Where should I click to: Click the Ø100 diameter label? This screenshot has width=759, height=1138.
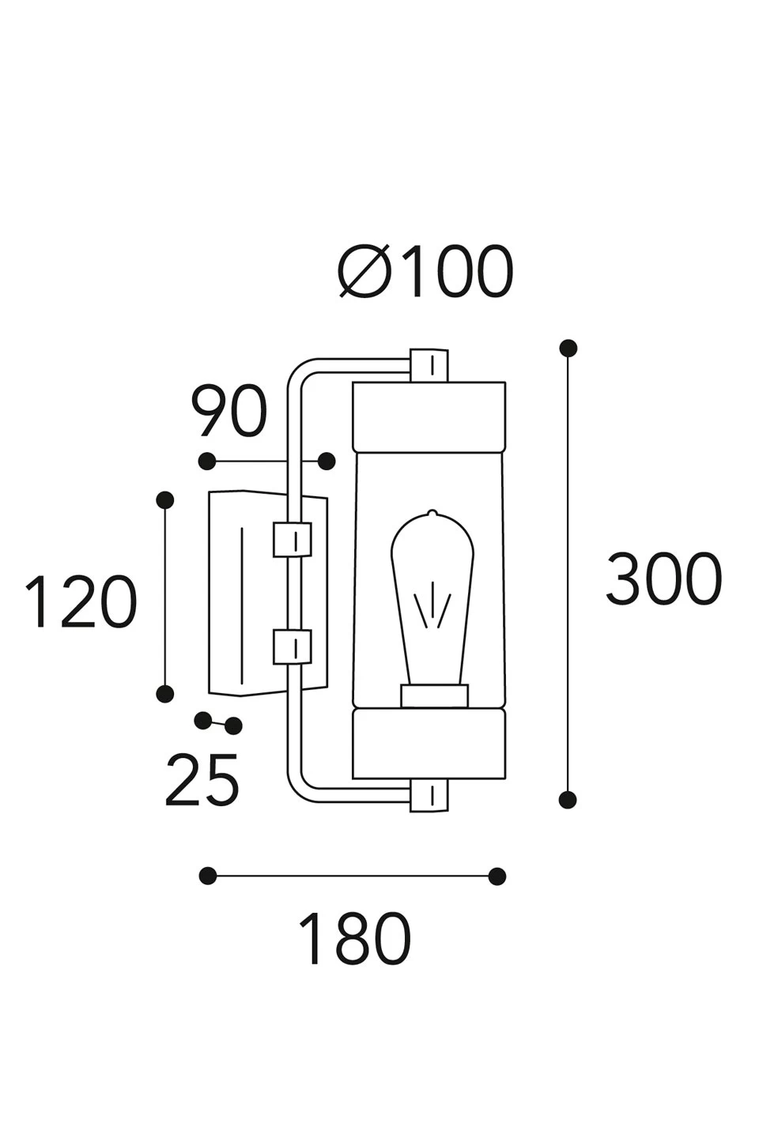427,273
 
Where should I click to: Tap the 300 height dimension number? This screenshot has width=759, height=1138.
663,579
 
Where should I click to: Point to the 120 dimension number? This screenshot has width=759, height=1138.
81,602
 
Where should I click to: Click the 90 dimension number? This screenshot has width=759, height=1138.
229,413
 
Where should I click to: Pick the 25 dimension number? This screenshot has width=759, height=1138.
202,780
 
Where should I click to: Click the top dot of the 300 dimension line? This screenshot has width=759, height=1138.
568,348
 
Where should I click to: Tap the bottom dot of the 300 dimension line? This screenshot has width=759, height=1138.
567,800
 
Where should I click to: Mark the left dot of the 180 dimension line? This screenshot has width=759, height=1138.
208,876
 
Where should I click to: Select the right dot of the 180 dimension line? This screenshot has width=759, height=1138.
497,876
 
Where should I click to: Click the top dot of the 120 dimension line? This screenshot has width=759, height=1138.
165,499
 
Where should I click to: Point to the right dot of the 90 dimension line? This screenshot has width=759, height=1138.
327,461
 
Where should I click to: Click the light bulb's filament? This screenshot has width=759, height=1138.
433,605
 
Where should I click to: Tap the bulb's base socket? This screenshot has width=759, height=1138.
434,695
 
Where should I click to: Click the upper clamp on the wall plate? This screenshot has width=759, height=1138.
292,540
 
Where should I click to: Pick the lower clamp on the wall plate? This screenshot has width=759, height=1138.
292,646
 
